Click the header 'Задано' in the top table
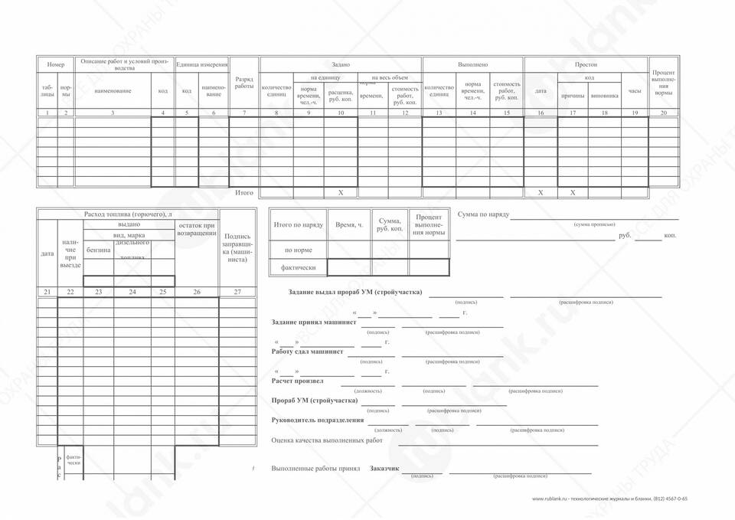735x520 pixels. coord(341,65)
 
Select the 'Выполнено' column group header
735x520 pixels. coord(472,65)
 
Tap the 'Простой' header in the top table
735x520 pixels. coord(586,65)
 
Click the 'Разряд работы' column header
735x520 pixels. coord(244,83)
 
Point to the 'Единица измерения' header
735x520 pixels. coord(202,64)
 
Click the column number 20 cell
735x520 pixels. coord(664,113)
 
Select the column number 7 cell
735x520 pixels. coord(244,113)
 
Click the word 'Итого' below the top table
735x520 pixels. coord(244,193)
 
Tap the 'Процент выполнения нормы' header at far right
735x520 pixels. coord(664,82)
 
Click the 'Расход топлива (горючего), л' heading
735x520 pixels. coord(128,214)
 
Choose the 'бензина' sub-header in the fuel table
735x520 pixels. coord(98,250)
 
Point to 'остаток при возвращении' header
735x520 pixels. coord(197,229)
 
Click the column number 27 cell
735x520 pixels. coord(237,292)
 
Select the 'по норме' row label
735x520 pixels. coord(299,250)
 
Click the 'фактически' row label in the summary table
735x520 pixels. coord(299,268)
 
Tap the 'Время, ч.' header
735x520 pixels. coord(349,225)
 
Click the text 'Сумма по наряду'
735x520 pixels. coord(483,214)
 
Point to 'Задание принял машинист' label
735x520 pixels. coord(314,322)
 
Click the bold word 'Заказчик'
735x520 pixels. coord(384,468)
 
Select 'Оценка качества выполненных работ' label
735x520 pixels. coord(327,440)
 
